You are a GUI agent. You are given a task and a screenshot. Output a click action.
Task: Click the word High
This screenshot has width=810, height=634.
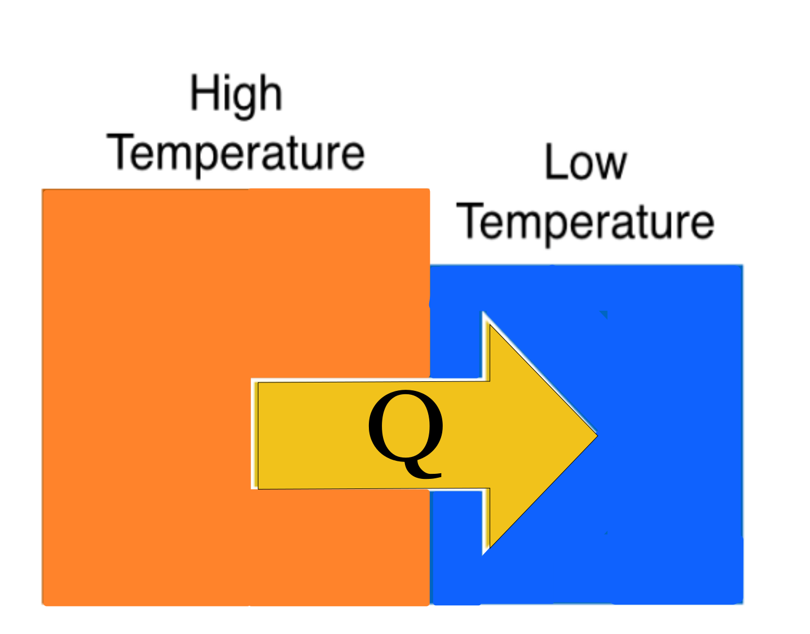pyautogui.click(x=236, y=96)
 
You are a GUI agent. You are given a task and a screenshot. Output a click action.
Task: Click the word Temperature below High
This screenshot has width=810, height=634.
pyautogui.click(x=236, y=156)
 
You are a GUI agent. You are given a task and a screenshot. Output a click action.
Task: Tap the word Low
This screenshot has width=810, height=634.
pyautogui.click(x=586, y=162)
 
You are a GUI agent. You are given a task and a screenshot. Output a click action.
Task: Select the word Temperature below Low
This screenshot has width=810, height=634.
pyautogui.click(x=586, y=224)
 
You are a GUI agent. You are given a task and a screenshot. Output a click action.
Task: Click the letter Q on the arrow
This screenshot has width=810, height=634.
pyautogui.click(x=406, y=434)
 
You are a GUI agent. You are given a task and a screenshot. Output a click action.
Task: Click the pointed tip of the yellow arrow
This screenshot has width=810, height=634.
pyautogui.click(x=597, y=435)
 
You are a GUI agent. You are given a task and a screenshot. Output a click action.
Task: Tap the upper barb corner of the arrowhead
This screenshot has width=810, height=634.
pyautogui.click(x=490, y=325)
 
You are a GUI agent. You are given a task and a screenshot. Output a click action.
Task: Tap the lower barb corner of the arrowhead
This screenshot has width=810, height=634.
pyautogui.click(x=490, y=547)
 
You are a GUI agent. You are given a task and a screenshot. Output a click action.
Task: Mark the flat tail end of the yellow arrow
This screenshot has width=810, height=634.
pyautogui.click(x=258, y=435)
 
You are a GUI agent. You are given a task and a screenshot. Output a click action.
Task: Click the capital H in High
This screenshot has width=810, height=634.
pyautogui.click(x=204, y=92)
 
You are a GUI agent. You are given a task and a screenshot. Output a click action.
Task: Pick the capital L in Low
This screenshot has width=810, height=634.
pyautogui.click(x=556, y=161)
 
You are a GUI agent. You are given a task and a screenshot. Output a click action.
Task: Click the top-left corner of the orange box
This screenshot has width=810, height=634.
pyautogui.click(x=42, y=190)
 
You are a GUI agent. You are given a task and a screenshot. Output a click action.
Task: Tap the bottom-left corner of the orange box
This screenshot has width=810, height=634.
pyautogui.click(x=42, y=605)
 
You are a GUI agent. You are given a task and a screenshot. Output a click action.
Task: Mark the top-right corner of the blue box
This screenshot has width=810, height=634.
pyautogui.click(x=742, y=265)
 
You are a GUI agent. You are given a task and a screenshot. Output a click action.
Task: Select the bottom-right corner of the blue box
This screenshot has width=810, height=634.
pyautogui.click(x=743, y=604)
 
